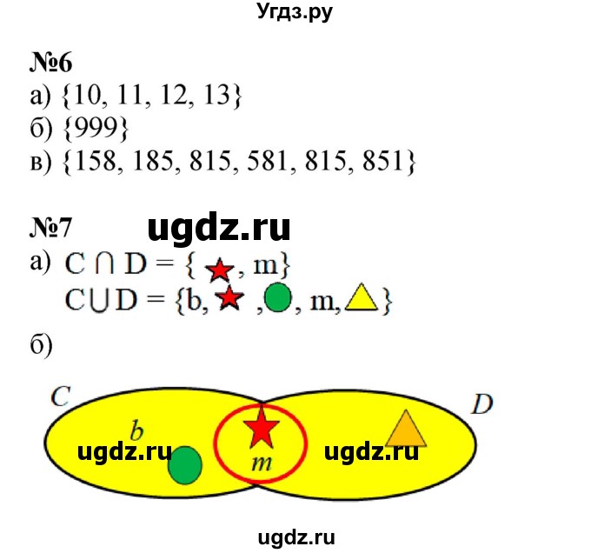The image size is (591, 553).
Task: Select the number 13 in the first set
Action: [220, 96]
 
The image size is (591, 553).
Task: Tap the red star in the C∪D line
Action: [229, 299]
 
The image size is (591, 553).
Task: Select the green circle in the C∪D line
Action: [276, 300]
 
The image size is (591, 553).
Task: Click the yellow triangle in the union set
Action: [358, 300]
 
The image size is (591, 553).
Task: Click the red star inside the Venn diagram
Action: [261, 429]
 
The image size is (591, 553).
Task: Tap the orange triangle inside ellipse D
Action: [403, 430]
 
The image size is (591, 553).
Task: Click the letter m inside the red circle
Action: [262, 463]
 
